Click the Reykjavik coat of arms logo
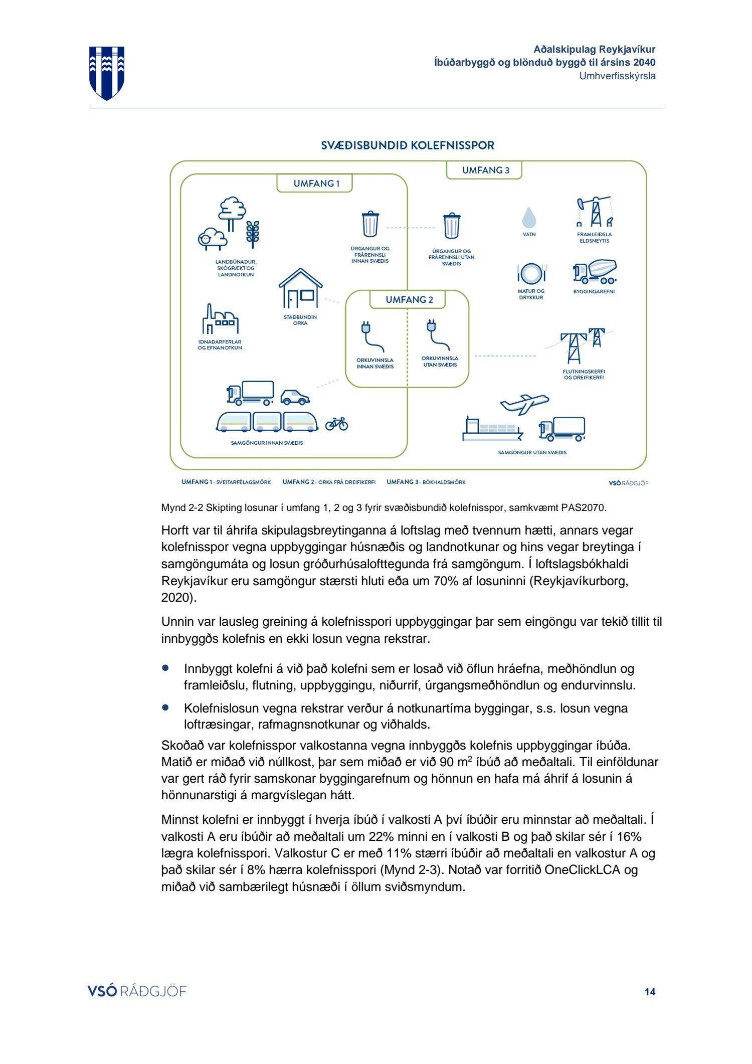107,73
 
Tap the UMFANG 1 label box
315,184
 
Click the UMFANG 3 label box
484,170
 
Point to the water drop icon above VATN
529,218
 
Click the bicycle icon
336,424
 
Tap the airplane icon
524,403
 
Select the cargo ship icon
491,430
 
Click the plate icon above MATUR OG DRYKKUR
531,274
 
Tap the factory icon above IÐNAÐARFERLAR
220,320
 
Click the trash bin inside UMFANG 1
370,224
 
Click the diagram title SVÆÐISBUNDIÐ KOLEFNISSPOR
408,146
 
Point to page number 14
650,991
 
